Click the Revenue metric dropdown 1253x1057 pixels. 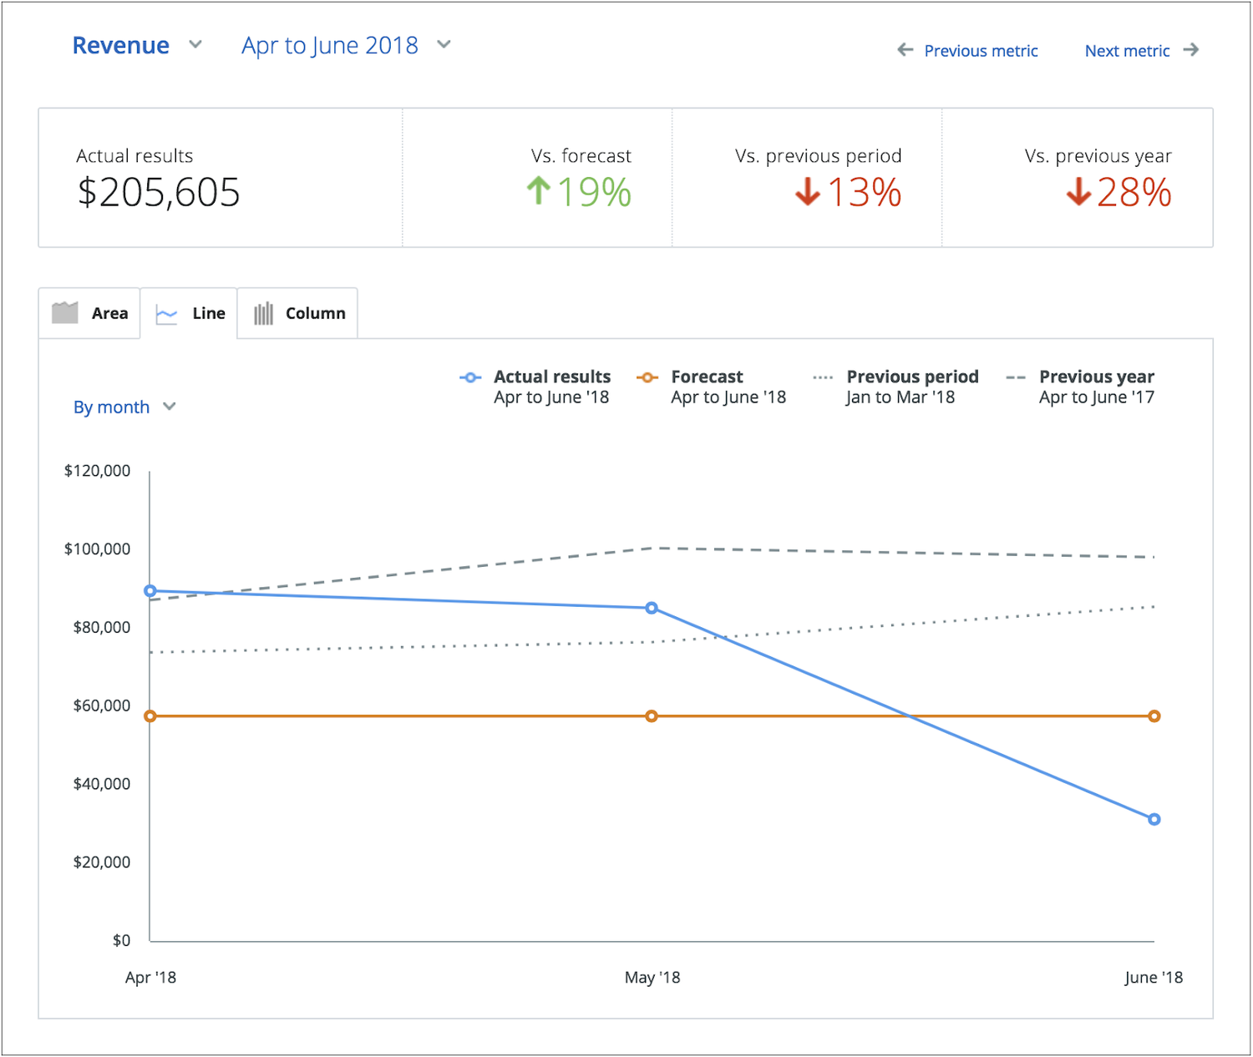[x=136, y=45]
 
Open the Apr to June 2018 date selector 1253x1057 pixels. [x=345, y=45]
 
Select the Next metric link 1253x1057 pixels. [x=1141, y=51]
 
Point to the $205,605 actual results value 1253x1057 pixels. [x=159, y=193]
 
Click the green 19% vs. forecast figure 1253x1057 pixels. [x=580, y=193]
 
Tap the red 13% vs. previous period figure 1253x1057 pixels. [x=849, y=193]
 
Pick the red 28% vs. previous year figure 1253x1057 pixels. [x=1119, y=193]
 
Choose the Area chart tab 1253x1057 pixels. [x=90, y=313]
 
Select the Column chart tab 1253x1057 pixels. [x=299, y=313]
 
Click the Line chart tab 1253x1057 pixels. [x=190, y=313]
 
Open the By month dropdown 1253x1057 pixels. [x=124, y=407]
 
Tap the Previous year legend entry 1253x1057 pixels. [x=1081, y=387]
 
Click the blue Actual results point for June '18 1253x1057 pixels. [x=1154, y=819]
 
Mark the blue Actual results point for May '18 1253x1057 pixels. [x=652, y=608]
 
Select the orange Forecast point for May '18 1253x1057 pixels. [x=652, y=716]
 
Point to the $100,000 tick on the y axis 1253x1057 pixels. [x=97, y=549]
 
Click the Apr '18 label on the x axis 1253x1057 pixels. [x=150, y=978]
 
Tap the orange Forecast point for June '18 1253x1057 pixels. [x=1154, y=716]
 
